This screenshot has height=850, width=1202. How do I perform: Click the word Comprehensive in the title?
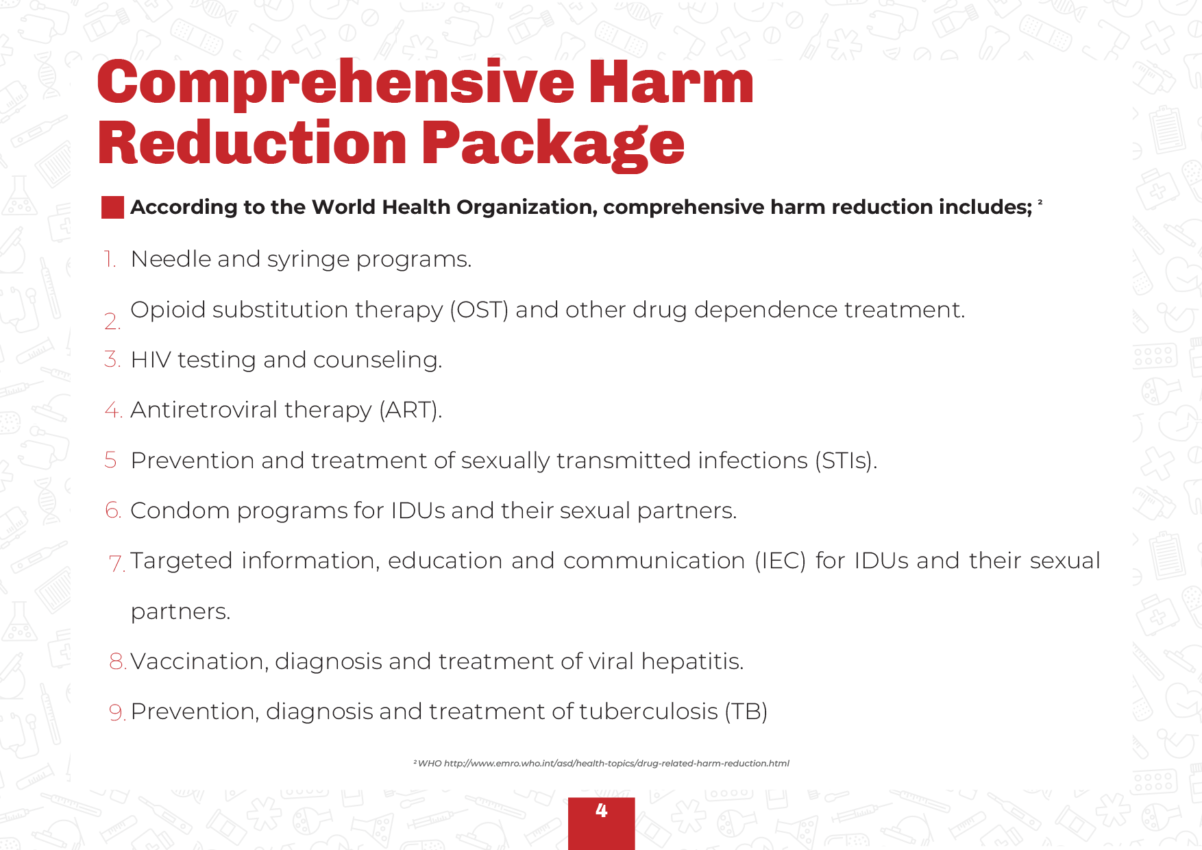[x=336, y=83]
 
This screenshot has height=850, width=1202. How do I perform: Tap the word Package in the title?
[x=553, y=144]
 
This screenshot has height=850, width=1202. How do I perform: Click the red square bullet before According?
[x=112, y=207]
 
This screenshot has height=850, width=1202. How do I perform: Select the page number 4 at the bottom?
[x=602, y=810]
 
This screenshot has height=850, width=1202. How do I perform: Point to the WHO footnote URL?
[x=617, y=763]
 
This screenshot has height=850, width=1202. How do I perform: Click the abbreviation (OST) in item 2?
[x=479, y=310]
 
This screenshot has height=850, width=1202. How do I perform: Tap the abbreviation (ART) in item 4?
[x=410, y=410]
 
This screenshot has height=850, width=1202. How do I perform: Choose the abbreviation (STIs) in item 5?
[x=846, y=461]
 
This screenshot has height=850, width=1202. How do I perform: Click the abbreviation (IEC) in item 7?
[x=780, y=561]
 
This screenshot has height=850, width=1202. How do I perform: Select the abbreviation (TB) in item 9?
[x=746, y=712]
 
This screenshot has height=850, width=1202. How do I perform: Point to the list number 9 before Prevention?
[x=117, y=712]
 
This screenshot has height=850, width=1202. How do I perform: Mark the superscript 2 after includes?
[x=1040, y=202]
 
